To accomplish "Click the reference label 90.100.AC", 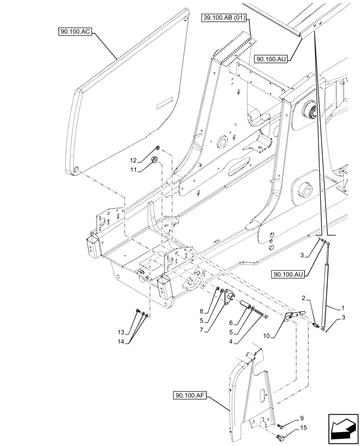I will (x=74, y=32).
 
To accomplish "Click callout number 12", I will (x=133, y=160).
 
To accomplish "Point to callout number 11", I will (x=133, y=169).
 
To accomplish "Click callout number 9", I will (x=302, y=418).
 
